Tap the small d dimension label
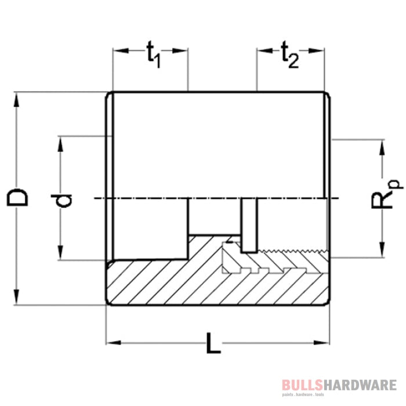click(66, 200)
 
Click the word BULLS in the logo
click(300, 384)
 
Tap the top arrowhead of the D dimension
click(19, 97)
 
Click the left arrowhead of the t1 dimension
click(118, 51)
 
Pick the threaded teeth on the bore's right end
click(290, 252)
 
